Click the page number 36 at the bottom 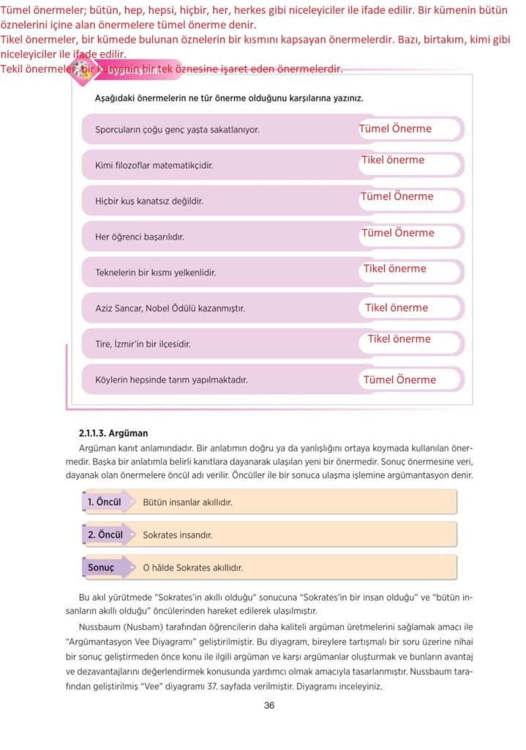click(x=268, y=705)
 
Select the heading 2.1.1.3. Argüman click(x=113, y=434)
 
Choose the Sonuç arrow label click(x=102, y=568)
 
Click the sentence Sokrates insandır click(x=178, y=535)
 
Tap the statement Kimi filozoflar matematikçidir click(x=154, y=166)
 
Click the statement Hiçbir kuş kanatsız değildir click(x=149, y=201)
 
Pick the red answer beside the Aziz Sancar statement click(x=397, y=308)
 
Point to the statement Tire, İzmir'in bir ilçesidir click(x=143, y=344)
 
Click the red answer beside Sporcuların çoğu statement click(x=395, y=129)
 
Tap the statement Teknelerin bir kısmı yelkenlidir click(x=156, y=272)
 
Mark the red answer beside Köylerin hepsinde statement click(x=399, y=379)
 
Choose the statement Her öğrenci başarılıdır click(x=140, y=237)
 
